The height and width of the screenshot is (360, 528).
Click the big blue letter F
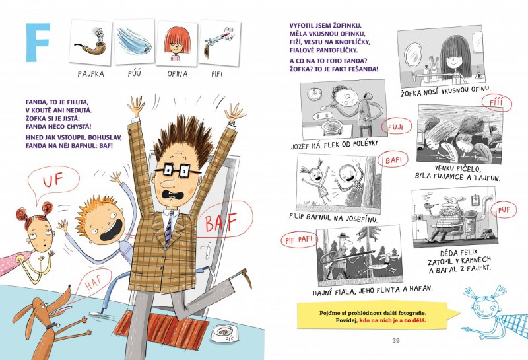38,42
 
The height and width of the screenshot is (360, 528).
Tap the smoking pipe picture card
90,42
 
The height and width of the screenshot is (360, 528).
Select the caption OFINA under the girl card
178,74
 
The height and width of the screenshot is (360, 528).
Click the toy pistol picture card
220,42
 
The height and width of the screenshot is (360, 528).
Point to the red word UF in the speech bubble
53,180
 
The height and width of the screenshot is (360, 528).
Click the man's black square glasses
177,170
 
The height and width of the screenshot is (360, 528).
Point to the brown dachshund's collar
52,326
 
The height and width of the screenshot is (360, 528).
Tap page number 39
395,340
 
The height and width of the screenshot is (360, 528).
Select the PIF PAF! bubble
300,240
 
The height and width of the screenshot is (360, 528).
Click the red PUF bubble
504,209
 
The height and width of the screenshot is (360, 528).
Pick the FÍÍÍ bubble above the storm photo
496,103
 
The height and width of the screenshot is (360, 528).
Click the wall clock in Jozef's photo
315,93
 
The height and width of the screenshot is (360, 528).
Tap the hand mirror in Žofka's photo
413,55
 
